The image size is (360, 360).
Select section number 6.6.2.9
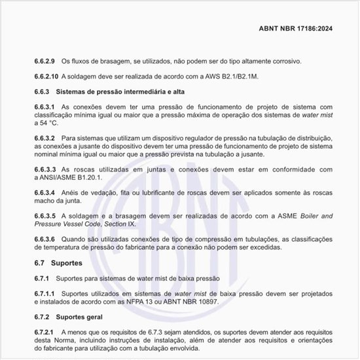click(x=45, y=61)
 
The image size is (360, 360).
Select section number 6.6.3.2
click(x=45, y=138)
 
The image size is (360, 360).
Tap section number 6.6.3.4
click(x=45, y=193)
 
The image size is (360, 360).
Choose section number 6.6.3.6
click(x=45, y=240)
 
